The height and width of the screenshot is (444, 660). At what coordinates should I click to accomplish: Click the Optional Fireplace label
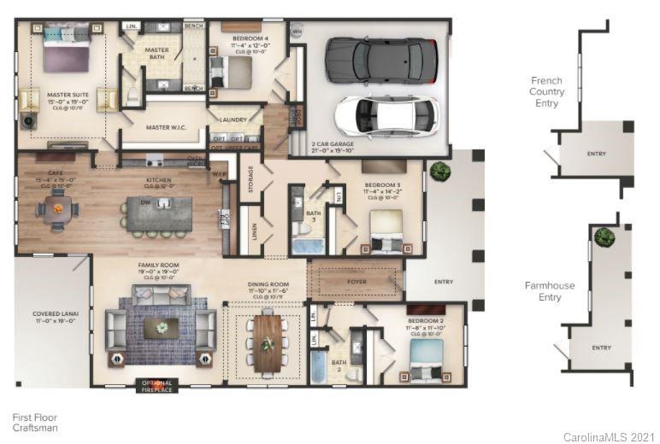[156, 386]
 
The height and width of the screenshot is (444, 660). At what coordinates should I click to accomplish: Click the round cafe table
[57, 208]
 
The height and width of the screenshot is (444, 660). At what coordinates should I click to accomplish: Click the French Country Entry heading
[546, 91]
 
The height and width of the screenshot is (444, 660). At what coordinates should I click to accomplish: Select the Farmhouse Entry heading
[550, 291]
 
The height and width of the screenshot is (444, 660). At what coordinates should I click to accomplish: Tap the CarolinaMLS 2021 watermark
[608, 436]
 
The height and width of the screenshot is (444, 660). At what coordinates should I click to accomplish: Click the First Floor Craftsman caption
[35, 423]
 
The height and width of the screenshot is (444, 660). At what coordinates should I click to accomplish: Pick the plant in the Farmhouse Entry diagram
[604, 237]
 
